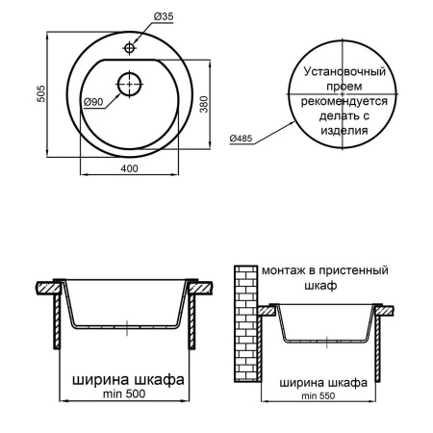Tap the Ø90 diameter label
(93, 102)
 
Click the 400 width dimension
(127, 169)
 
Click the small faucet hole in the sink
(128, 45)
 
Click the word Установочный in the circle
(344, 72)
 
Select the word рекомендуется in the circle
(344, 101)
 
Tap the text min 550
(323, 396)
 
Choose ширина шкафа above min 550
(323, 381)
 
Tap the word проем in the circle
(344, 87)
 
